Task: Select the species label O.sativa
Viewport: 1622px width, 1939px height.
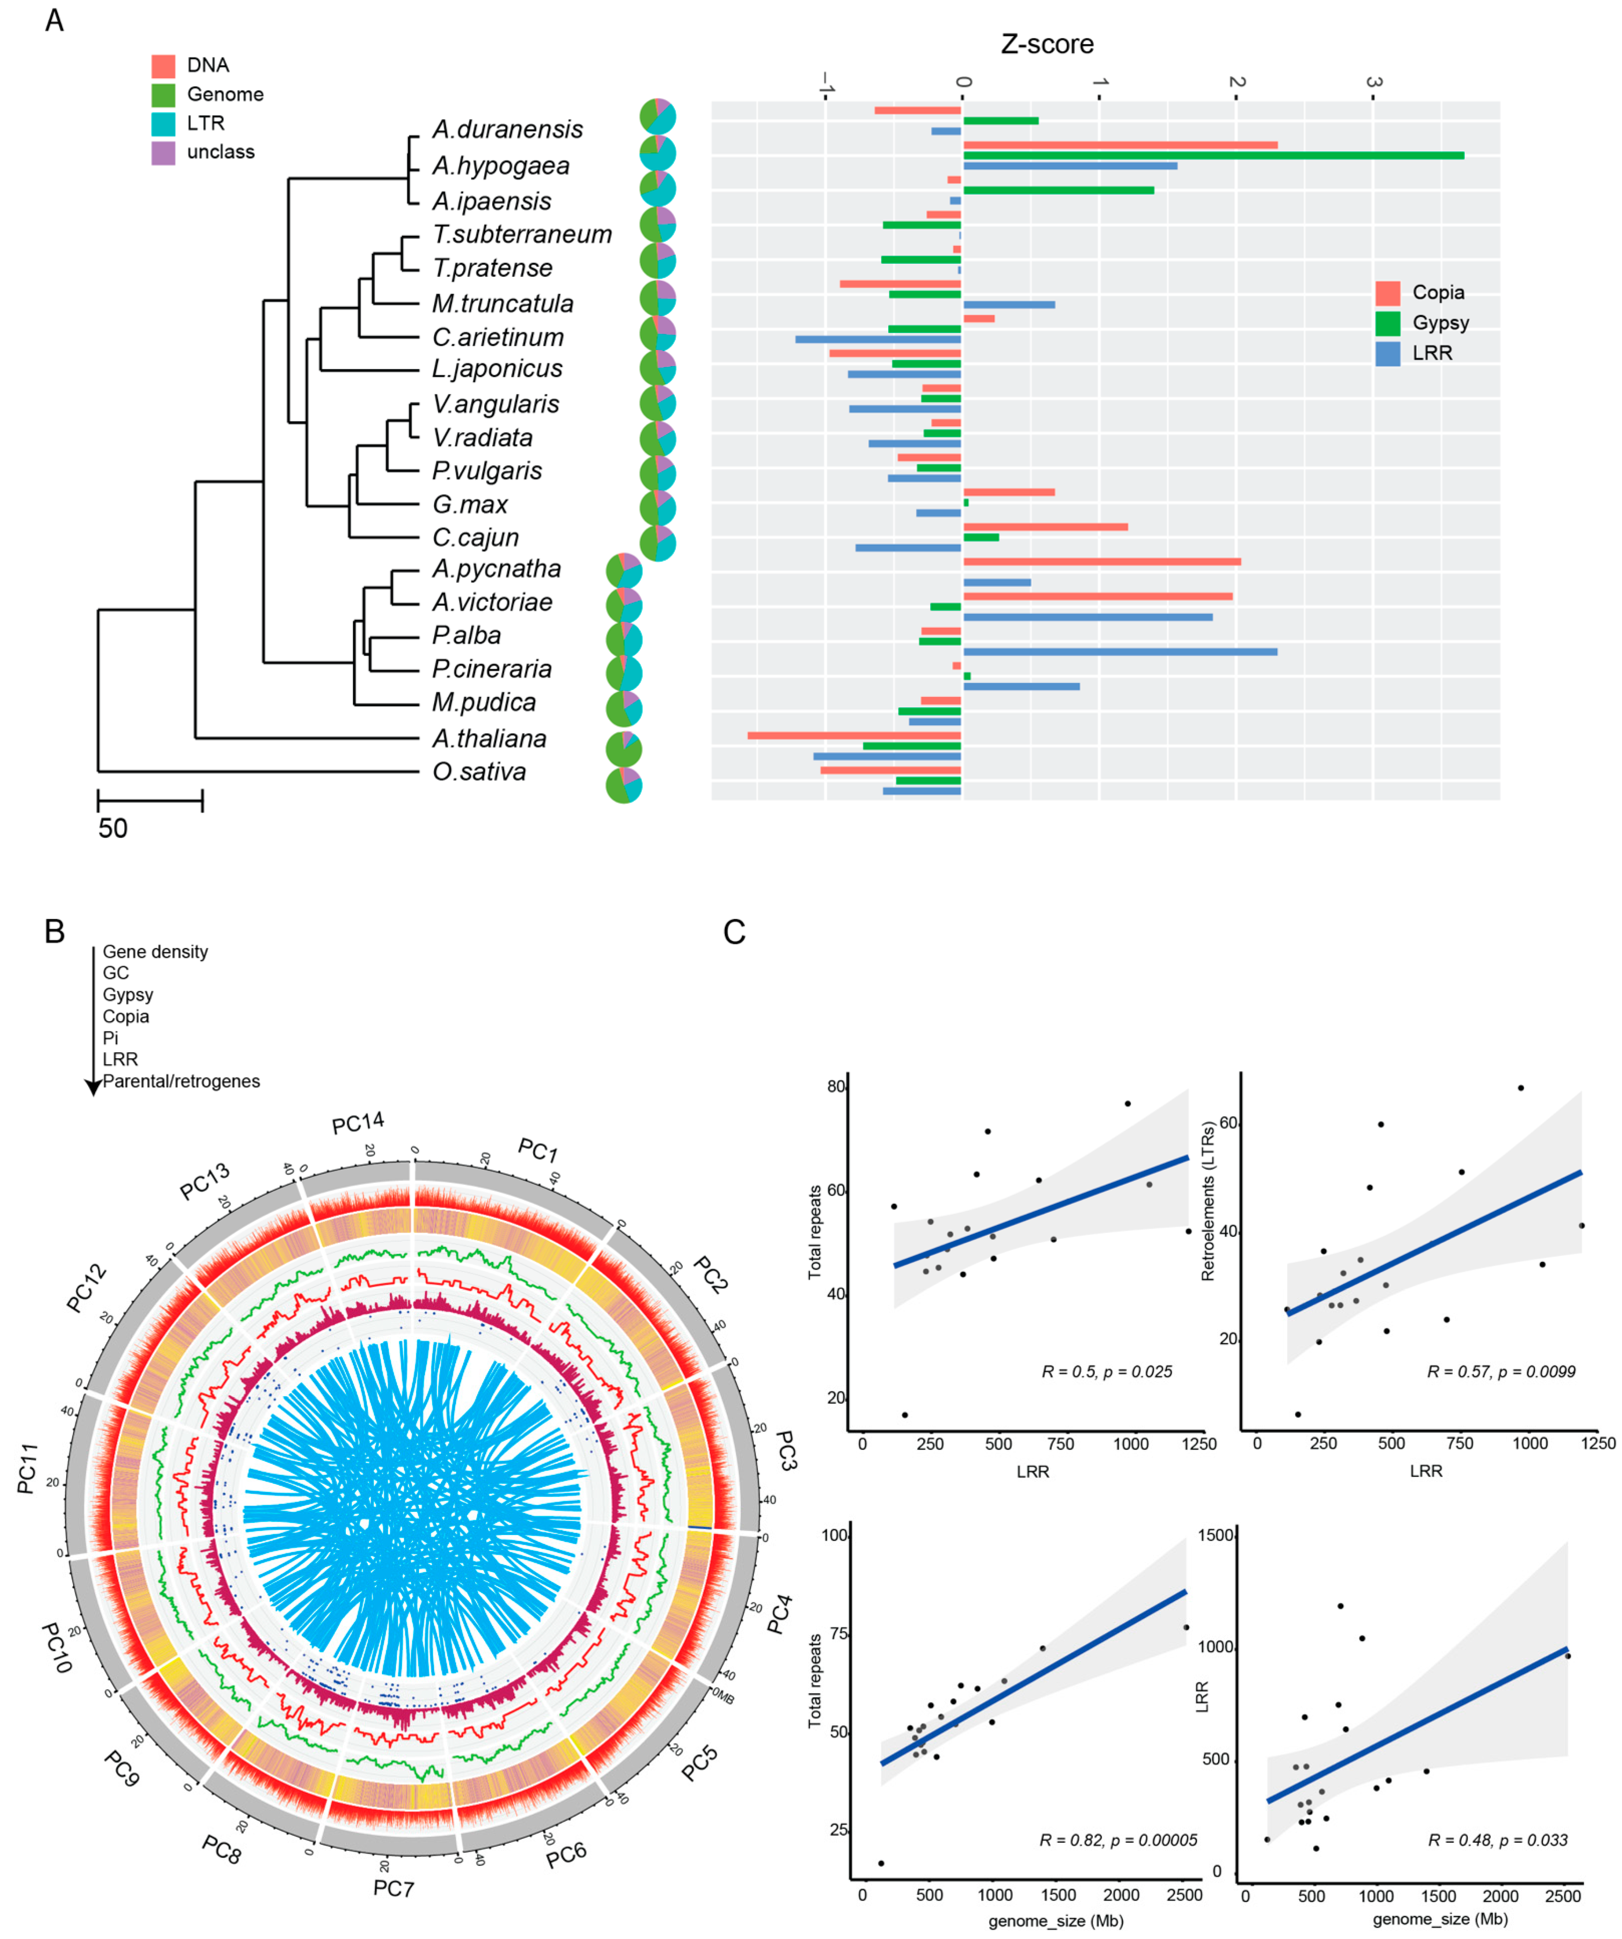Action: point(479,772)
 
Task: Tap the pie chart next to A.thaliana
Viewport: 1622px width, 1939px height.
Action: point(624,749)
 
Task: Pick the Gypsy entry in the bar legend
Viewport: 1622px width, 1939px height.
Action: point(1440,323)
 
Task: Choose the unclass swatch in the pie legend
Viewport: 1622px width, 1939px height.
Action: point(163,152)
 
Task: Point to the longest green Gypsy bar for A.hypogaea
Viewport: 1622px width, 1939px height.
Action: point(1213,155)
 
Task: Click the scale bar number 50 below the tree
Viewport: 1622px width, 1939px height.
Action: point(113,828)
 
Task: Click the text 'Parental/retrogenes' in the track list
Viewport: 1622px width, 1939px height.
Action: point(181,1081)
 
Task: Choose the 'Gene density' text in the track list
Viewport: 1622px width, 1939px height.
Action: point(155,952)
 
